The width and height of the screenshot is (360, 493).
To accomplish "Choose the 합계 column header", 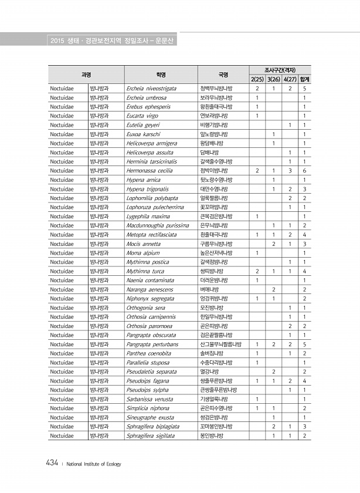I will point(304,79).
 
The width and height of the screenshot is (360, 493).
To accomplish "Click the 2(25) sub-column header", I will point(257,79).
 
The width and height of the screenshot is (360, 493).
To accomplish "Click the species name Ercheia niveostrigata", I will point(151,88).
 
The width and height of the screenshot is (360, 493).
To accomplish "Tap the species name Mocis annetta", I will point(143,244).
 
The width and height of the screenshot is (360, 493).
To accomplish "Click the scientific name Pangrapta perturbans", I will point(152,344).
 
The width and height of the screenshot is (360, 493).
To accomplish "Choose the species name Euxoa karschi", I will point(144,134).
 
